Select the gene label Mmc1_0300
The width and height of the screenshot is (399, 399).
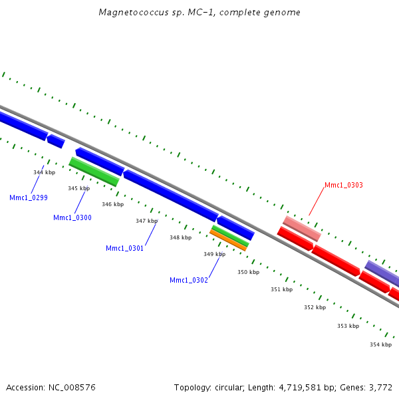(72, 217)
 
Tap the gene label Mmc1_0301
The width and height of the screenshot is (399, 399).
(124, 248)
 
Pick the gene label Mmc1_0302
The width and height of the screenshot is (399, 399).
(189, 280)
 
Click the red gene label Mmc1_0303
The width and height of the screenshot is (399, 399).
(344, 186)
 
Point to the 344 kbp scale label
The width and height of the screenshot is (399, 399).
(44, 172)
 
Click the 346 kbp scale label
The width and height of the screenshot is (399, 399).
(112, 204)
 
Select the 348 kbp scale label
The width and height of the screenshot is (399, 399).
(180, 237)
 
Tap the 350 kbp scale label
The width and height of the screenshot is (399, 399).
(248, 272)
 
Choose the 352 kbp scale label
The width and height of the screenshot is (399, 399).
(315, 307)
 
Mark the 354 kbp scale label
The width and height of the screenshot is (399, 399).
(380, 344)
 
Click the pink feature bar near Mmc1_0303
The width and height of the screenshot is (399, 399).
(302, 228)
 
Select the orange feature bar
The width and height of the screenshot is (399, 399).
(228, 240)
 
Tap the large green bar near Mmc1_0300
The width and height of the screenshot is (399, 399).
(94, 172)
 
